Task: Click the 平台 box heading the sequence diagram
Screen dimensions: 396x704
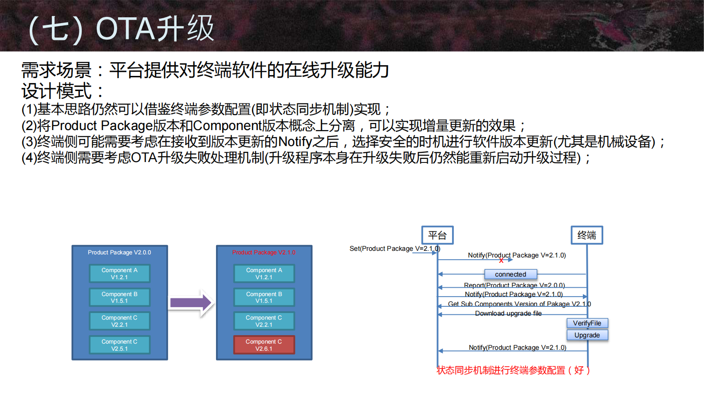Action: coord(437,235)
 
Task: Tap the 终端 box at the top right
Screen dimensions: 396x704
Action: coord(586,235)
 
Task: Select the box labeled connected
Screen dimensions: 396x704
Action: coord(510,274)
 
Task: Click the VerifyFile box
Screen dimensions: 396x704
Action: coord(587,323)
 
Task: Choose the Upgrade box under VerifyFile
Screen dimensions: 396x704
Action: coord(587,335)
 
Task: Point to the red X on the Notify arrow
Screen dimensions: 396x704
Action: coord(501,261)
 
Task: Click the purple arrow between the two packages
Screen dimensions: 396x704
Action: coord(191,303)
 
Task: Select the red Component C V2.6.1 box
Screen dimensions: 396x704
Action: coord(264,345)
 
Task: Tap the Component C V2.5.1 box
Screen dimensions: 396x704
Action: coord(119,345)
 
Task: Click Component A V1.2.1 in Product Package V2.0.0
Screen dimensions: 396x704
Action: coord(119,273)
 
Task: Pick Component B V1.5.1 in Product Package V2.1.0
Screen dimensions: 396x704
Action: coord(264,297)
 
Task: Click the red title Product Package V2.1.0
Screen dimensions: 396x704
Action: coord(264,252)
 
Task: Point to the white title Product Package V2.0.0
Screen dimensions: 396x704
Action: coord(119,252)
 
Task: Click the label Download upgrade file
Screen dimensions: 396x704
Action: coord(508,313)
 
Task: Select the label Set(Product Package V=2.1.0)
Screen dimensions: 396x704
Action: coord(394,249)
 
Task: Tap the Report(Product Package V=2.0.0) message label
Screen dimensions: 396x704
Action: coord(514,285)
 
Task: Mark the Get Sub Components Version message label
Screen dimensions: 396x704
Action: coord(519,304)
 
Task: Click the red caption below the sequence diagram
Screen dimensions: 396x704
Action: coord(513,370)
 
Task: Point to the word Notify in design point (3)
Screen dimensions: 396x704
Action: coord(295,142)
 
